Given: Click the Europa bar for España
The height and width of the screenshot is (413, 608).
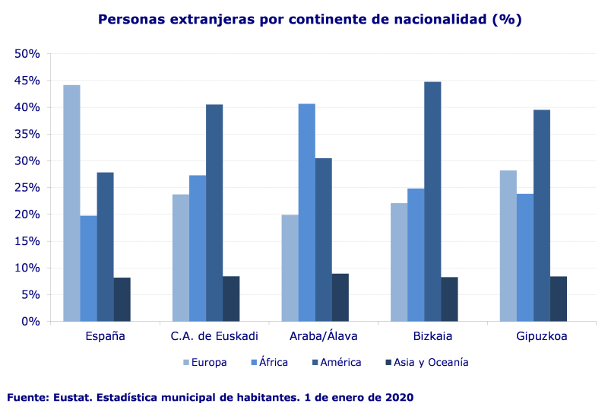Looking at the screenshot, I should click(71, 203).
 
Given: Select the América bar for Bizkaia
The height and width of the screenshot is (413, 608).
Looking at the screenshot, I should click(432, 202).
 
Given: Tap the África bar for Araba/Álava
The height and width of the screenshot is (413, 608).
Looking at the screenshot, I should click(306, 212).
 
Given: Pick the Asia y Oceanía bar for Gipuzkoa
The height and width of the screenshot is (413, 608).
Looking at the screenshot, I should click(559, 299).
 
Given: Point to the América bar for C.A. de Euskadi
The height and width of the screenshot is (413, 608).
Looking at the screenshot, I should click(214, 213).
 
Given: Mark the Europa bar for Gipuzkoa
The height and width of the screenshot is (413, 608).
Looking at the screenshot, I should click(508, 246).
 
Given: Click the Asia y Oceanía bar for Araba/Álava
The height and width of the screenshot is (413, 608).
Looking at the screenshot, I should click(340, 297).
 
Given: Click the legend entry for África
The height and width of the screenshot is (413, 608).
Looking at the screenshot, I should click(273, 362).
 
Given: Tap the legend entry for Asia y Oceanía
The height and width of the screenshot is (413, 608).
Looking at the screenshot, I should click(435, 362).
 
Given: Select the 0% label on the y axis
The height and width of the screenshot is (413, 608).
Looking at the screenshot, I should click(30, 321).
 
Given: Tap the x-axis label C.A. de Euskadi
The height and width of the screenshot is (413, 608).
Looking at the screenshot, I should click(214, 336).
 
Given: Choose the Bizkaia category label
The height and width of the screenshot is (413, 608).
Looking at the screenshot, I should click(432, 336).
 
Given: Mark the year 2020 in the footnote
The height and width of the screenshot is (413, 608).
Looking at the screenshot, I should click(400, 398).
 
